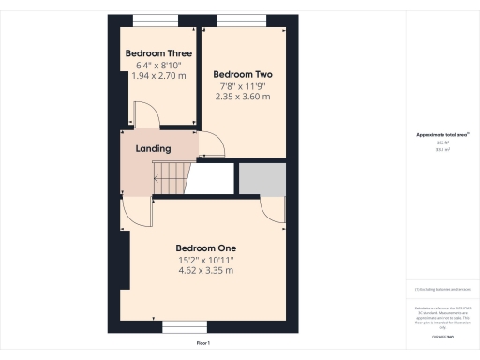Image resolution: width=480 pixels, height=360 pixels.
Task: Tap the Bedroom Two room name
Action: click(x=243, y=73)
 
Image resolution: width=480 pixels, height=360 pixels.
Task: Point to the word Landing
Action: click(x=153, y=149)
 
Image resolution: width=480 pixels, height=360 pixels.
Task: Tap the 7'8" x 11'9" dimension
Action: click(x=243, y=85)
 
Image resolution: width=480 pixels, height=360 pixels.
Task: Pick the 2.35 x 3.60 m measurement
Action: click(x=243, y=97)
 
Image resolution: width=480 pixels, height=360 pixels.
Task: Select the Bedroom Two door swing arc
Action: click(x=212, y=143)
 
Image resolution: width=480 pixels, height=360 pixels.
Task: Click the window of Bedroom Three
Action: click(x=151, y=19)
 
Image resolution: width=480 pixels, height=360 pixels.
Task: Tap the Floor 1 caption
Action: click(x=203, y=344)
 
